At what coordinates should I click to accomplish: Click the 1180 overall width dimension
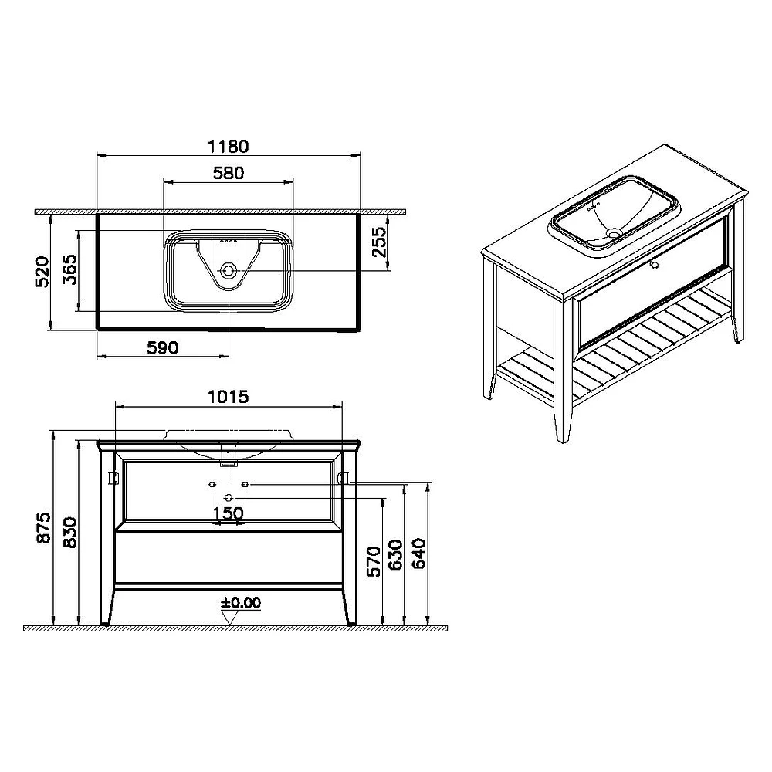point(229,146)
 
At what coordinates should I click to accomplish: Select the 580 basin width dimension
point(229,173)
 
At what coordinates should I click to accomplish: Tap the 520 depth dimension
point(42,271)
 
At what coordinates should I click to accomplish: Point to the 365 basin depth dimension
point(69,269)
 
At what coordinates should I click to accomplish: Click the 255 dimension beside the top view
point(379,242)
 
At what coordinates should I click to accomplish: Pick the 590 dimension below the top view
point(162,347)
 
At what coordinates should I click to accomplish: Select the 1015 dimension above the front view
point(229,396)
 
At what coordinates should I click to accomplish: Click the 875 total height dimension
point(44,527)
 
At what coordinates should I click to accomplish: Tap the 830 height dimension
point(70,532)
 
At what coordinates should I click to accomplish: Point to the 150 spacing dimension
point(228,513)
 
